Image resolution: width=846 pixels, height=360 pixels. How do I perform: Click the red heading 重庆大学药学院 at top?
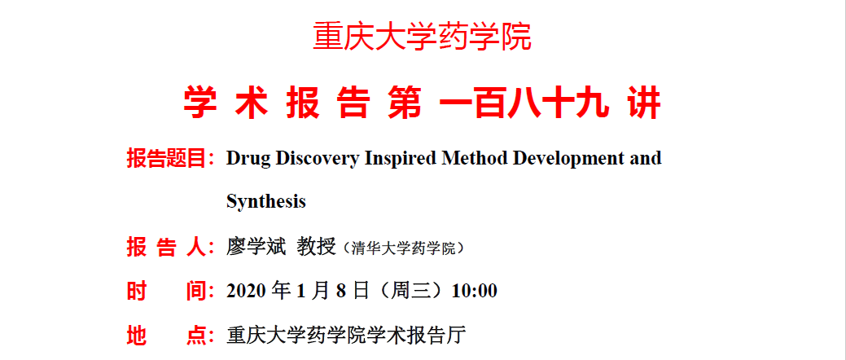tap(423, 36)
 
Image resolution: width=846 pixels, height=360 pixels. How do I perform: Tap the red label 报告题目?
tap(167, 159)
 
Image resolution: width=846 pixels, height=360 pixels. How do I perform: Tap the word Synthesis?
tap(266, 202)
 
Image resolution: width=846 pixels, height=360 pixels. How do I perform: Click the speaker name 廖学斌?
tap(255, 248)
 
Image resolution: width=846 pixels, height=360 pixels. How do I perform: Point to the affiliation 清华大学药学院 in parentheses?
tap(403, 248)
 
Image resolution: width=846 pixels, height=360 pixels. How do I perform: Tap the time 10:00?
tap(474, 292)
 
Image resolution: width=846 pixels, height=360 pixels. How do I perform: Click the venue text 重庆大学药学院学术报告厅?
tap(346, 336)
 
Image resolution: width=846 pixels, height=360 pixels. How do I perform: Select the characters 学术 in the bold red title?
tap(226, 103)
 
